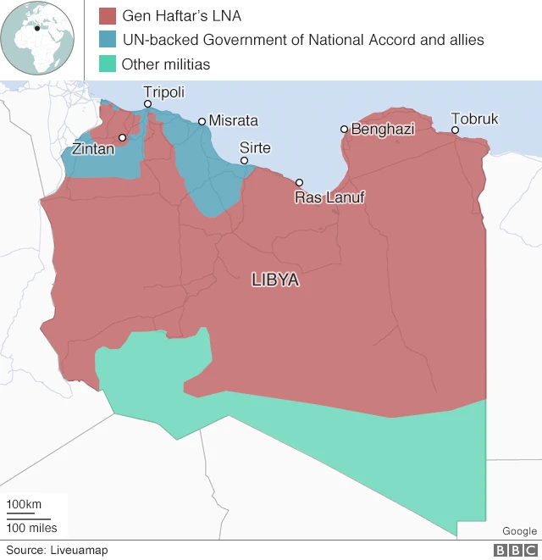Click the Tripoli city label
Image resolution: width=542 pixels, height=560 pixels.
[163, 92]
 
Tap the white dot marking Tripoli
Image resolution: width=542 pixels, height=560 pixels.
[147, 104]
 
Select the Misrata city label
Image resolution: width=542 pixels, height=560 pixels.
[233, 121]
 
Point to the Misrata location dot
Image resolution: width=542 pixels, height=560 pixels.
[202, 121]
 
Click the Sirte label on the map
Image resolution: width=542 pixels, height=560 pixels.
[255, 148]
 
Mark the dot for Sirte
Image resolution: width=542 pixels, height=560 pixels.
[244, 160]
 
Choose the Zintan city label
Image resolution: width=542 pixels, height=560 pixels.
[93, 149]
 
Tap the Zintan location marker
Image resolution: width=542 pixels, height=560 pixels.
[122, 137]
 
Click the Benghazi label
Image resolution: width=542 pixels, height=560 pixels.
[383, 129]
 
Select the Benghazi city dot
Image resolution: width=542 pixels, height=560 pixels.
[344, 129]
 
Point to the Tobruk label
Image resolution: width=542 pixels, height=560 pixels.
[474, 119]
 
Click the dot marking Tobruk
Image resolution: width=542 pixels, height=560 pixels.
[455, 130]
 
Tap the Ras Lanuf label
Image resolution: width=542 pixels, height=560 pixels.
[326, 198]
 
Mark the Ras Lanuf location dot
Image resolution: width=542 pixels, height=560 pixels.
[299, 182]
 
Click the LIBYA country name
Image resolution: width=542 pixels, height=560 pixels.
[275, 280]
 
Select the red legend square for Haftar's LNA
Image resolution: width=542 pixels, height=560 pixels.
[107, 15]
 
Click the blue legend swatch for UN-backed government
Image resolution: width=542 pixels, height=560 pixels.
[107, 39]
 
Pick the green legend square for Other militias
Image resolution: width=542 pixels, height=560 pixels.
[107, 64]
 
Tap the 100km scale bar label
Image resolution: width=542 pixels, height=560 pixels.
[24, 505]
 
